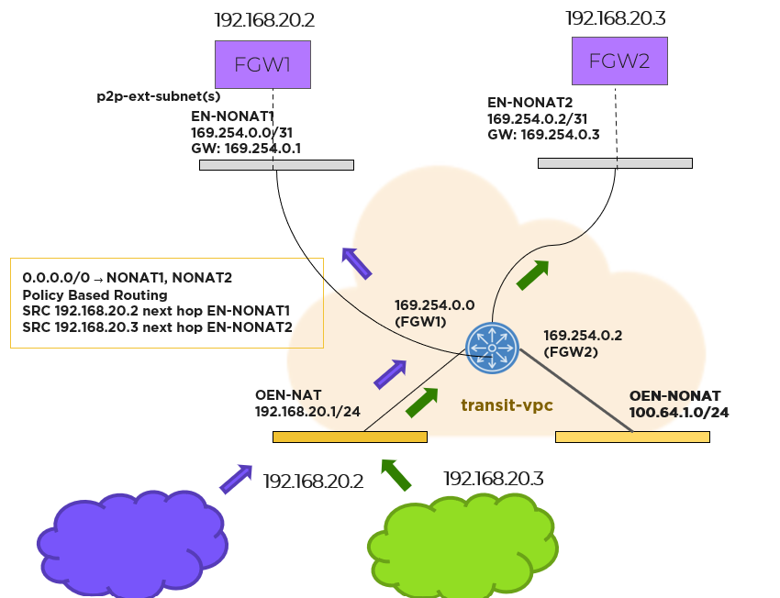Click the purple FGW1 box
point(262,65)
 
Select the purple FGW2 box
point(618,61)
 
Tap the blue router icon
point(492,348)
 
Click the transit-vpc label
point(507,404)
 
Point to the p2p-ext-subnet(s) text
point(159,95)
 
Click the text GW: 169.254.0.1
point(246,148)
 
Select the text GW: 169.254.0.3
point(542,134)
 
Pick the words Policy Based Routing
point(95,294)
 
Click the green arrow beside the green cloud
point(397,474)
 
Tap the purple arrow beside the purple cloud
point(235,478)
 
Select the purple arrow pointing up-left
point(356,262)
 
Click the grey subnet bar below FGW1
point(276,165)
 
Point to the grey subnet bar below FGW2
point(615,163)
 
